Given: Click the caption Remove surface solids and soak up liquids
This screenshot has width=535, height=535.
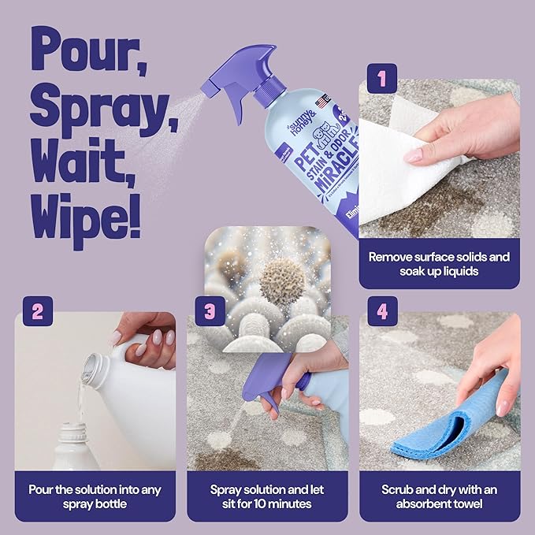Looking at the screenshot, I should point(439,263).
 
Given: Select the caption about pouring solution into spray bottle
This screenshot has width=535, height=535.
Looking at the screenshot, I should point(95,496).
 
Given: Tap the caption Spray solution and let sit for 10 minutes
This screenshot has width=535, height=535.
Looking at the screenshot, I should point(267,496).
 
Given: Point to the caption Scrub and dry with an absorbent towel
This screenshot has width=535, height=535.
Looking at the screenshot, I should point(440,496).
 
